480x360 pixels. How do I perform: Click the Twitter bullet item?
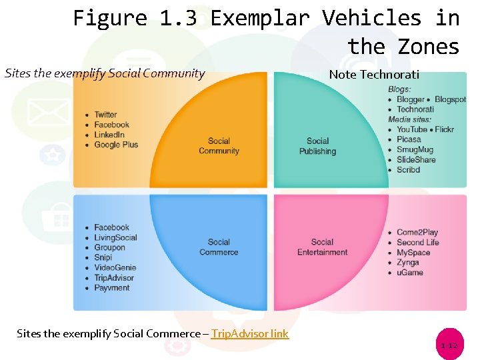105,115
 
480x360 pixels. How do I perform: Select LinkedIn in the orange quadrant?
109,135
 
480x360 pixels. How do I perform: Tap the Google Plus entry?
116,145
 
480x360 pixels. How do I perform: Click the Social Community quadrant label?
219,146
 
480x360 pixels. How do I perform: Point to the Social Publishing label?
317,146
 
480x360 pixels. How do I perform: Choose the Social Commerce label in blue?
219,247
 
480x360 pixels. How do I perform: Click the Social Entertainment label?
322,247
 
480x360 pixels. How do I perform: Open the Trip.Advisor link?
250,333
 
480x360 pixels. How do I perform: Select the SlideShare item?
416,160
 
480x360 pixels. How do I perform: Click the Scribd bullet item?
408,170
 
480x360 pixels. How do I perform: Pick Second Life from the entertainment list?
418,243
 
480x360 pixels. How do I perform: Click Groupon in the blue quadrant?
109,247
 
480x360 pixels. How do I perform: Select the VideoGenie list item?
115,268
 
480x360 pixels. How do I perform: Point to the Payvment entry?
112,288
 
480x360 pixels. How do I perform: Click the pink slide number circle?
449,345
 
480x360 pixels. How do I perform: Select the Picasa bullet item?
409,139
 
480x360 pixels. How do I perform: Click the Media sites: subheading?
409,119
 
